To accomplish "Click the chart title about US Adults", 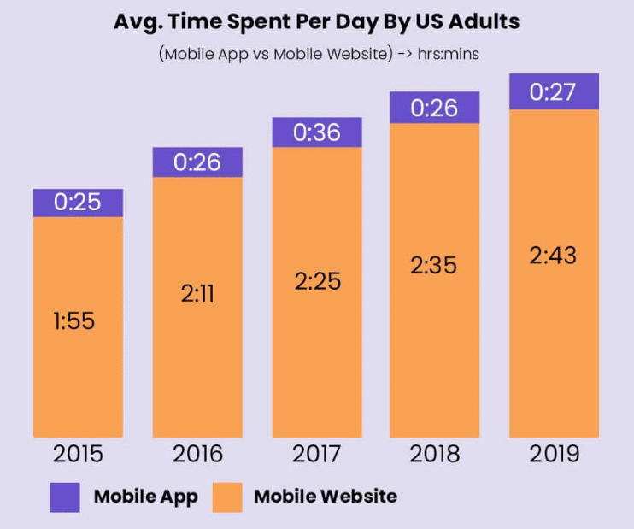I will pyautogui.click(x=317, y=21).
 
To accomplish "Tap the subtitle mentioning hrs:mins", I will pyautogui.click(x=317, y=53).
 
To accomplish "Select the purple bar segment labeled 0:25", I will pyautogui.click(x=78, y=203).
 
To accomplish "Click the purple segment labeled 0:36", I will pyautogui.click(x=317, y=132).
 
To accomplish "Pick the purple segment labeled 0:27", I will pyautogui.click(x=554, y=91).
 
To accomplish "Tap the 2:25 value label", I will pyautogui.click(x=317, y=279).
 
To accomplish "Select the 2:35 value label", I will pyautogui.click(x=434, y=265).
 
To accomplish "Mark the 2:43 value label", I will pyautogui.click(x=554, y=255).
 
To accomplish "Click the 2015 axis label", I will pyautogui.click(x=78, y=453).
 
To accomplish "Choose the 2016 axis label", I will pyautogui.click(x=197, y=453).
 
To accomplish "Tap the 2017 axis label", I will pyautogui.click(x=317, y=453).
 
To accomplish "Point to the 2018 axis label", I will pyautogui.click(x=434, y=453).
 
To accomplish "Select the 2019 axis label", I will pyautogui.click(x=554, y=453).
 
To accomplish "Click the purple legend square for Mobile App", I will pyautogui.click(x=65, y=497).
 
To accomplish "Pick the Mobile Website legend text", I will pyautogui.click(x=326, y=496).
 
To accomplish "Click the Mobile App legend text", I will pyautogui.click(x=145, y=496).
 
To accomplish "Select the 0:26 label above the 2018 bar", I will pyautogui.click(x=434, y=108).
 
